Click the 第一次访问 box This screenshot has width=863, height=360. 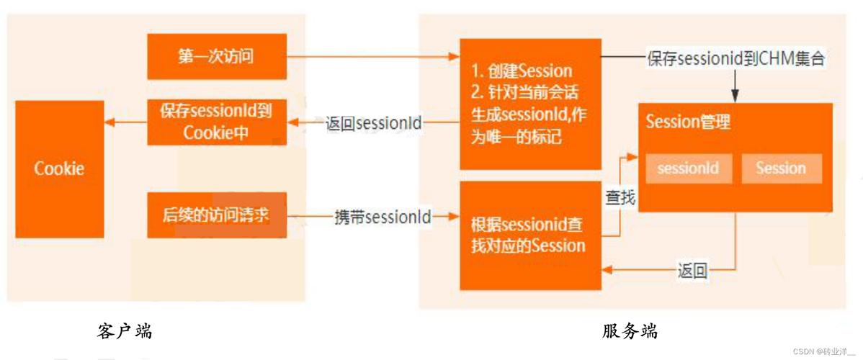coord(216,56)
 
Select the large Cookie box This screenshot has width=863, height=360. coord(60,169)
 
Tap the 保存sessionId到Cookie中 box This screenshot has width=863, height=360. coord(216,122)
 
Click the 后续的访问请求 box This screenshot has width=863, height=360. coord(216,215)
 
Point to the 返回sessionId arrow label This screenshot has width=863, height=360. coord(374,123)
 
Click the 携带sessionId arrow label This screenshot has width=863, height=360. coord(383,215)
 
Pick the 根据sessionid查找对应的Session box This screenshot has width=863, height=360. coord(530,235)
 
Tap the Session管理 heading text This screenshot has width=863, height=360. coord(688,122)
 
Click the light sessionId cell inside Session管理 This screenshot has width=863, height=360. coord(688,169)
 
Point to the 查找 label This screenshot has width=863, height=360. coord(620,197)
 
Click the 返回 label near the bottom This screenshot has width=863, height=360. coord(692,271)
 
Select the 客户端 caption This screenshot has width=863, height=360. coord(124,331)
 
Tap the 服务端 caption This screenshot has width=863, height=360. coord(630,331)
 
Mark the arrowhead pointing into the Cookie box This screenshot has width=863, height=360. coord(109,122)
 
